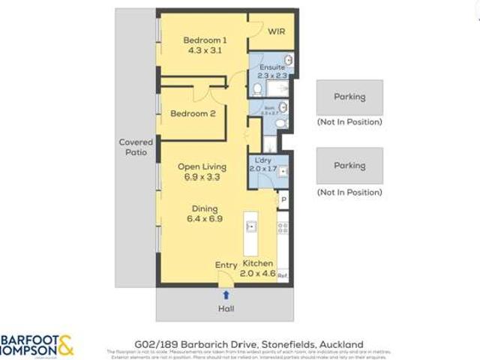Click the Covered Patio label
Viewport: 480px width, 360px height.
136,147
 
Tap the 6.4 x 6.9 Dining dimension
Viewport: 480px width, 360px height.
204,220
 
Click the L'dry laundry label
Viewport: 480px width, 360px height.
262,161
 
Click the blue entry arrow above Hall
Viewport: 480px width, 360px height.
226,295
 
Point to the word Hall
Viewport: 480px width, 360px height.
226,308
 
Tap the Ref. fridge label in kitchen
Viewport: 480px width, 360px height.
283,275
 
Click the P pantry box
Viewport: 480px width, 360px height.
283,199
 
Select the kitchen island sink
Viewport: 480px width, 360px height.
251,226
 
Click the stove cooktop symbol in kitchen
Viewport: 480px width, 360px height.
283,226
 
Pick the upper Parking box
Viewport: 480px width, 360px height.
349,97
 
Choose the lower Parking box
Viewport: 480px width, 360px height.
349,166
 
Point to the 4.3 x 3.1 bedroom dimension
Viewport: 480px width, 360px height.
205,52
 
